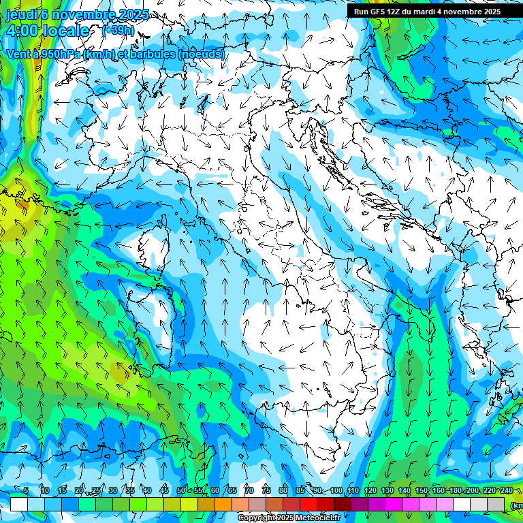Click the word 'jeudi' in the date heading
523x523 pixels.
[x=20, y=14]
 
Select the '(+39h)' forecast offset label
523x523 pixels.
[x=118, y=30]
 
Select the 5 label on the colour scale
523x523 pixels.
[x=26, y=491]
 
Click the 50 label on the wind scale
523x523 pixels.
[x=181, y=491]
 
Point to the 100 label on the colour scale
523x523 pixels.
[x=336, y=491]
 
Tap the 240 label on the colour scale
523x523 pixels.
[x=507, y=491]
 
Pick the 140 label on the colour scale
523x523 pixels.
[x=405, y=491]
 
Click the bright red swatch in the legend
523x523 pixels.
[x=308, y=504]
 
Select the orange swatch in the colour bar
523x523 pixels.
[x=223, y=504]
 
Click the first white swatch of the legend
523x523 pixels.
[x=19, y=504]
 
